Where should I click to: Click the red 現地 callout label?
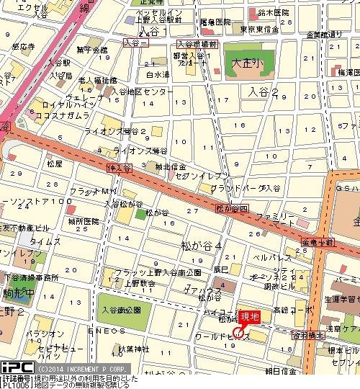tap(249, 315)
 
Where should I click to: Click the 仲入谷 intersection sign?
tap(120, 168)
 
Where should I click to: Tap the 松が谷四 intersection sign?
tap(232, 209)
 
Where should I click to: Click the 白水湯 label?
tap(157, 73)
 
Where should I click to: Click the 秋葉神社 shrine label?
tap(133, 349)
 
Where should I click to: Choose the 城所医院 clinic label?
tap(83, 221)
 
